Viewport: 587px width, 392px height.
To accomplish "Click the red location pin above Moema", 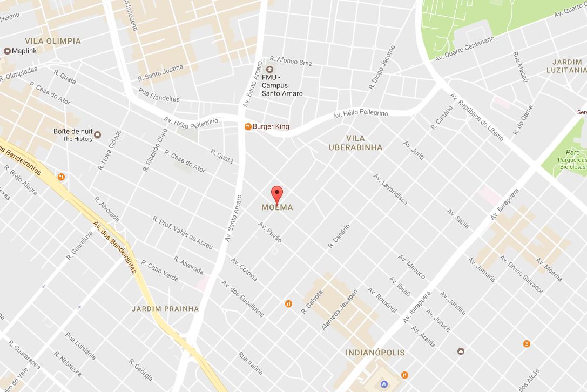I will click(277, 194).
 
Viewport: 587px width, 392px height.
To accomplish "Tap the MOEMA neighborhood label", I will click(277, 208).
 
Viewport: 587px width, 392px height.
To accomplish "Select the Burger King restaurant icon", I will click(248, 127).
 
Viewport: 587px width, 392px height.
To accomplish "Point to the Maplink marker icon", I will click(7, 51).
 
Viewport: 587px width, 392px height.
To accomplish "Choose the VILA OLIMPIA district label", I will click(53, 41).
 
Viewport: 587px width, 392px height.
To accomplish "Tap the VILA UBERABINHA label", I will click(356, 143).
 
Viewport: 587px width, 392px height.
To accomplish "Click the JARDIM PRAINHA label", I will click(165, 309).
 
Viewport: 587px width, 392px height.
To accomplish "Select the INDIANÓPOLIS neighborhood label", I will click(375, 353).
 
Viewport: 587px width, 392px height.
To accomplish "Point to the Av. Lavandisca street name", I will click(390, 189).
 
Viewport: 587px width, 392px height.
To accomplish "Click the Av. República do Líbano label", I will click(476, 117).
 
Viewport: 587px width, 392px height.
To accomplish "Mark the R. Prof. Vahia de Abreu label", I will click(183, 233).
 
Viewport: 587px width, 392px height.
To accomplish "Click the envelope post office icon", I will click(461, 351).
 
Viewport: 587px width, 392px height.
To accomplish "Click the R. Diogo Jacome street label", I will click(382, 67).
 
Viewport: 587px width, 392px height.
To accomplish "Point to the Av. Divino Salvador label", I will click(521, 274).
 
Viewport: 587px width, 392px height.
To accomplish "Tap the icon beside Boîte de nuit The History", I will click(98, 134).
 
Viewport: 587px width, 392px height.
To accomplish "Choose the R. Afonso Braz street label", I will click(291, 61).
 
